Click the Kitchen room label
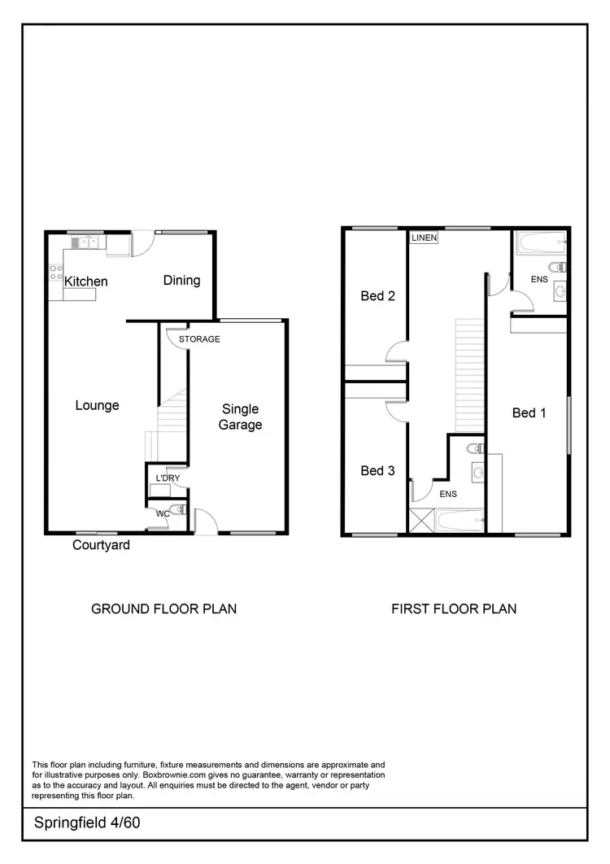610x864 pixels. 86,281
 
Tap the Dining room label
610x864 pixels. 181,280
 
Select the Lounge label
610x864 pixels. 97,405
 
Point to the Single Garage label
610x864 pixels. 240,417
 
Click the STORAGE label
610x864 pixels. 199,338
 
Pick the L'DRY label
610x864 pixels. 167,478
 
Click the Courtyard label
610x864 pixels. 101,545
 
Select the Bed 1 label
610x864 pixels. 529,412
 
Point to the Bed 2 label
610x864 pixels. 377,296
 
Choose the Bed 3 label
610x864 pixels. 377,470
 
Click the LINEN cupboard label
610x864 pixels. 424,238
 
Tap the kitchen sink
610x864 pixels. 84,242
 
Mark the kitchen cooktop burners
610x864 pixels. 57,272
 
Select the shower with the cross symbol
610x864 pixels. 423,520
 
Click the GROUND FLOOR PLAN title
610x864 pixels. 163,609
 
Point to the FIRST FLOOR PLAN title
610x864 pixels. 454,609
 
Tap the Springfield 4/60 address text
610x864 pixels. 81,823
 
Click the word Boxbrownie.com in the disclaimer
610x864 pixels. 170,775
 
